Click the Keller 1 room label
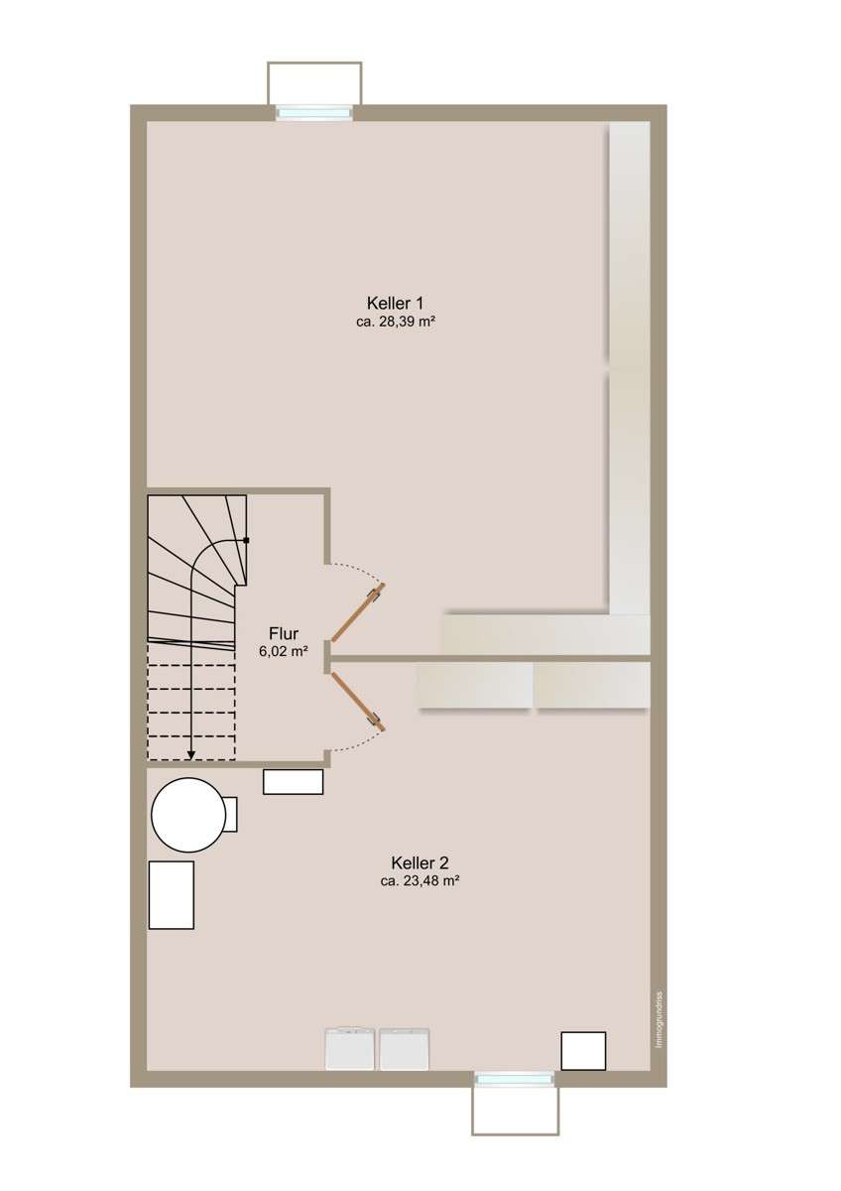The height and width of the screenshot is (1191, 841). [x=395, y=303]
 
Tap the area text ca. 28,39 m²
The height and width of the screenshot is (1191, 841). [x=396, y=322]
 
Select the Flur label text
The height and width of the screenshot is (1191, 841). [x=284, y=634]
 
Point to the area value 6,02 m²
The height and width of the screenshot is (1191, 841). [x=284, y=651]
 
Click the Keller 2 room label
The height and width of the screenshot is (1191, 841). [x=420, y=861]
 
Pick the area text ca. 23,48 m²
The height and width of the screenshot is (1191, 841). [x=420, y=880]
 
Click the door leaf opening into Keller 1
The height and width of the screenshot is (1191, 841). [x=358, y=612]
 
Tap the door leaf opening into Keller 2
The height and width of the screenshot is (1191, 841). [x=358, y=702]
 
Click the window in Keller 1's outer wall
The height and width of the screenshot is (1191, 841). [x=314, y=113]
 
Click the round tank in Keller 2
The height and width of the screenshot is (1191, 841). [x=187, y=815]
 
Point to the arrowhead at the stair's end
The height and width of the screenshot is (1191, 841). [x=191, y=757]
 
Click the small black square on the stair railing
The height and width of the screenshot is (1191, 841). [x=246, y=541]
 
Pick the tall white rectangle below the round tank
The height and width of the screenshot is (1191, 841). [x=171, y=895]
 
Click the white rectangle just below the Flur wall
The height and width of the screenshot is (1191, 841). [x=294, y=782]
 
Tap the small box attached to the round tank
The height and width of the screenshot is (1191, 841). [x=230, y=815]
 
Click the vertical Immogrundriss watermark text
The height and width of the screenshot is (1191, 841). [x=660, y=1003]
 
